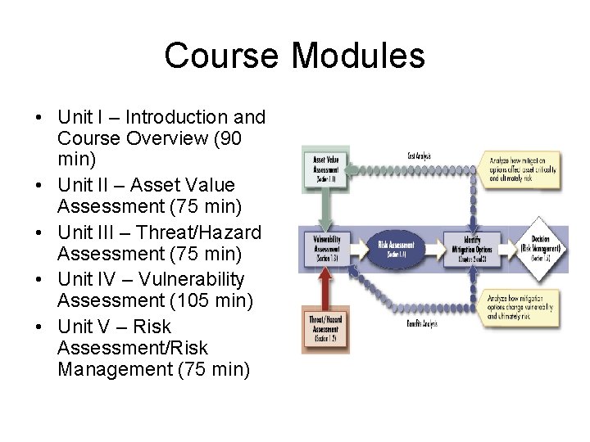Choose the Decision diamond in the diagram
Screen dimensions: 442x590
click(x=535, y=246)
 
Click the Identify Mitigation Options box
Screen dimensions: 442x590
click(x=465, y=246)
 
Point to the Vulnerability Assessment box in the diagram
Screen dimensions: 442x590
click(x=324, y=246)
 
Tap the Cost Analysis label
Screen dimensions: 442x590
click(x=420, y=156)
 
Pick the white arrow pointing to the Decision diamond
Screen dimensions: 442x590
click(x=501, y=246)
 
